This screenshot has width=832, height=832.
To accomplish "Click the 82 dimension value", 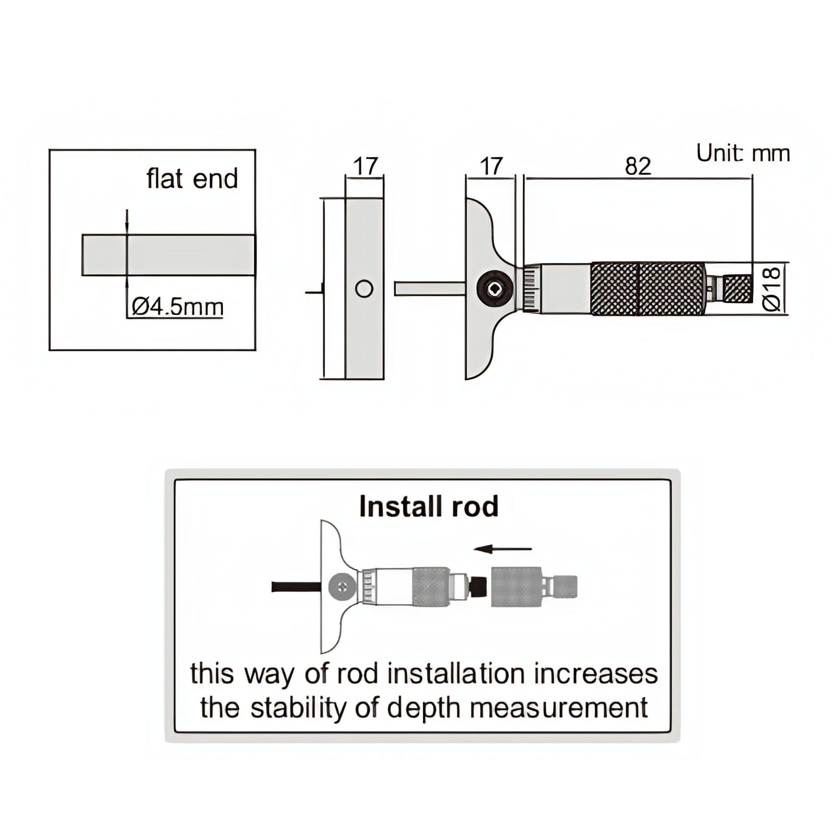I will coord(638,166).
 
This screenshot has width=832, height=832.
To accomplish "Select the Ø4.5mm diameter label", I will coord(177,307).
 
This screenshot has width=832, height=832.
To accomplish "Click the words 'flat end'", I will coord(192,179).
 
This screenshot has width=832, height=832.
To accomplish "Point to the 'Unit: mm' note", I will coord(743,154).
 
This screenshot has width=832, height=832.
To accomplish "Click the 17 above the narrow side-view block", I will coord(365,166).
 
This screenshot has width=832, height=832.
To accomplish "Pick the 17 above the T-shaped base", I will coord(491,166).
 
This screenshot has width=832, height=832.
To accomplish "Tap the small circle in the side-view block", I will coord(364,289).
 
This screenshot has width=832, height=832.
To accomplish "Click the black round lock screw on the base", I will coord(495,289).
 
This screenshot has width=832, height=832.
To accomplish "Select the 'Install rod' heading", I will coord(429,506).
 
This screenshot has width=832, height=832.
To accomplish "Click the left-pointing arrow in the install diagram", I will coord(502,549).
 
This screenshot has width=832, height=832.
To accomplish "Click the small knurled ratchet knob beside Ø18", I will coord(737,289).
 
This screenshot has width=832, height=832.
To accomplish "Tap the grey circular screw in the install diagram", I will coord(342,587).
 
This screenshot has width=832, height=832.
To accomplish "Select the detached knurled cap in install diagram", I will coord(517,587).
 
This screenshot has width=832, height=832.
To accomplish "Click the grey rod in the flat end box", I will coord(168,255).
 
